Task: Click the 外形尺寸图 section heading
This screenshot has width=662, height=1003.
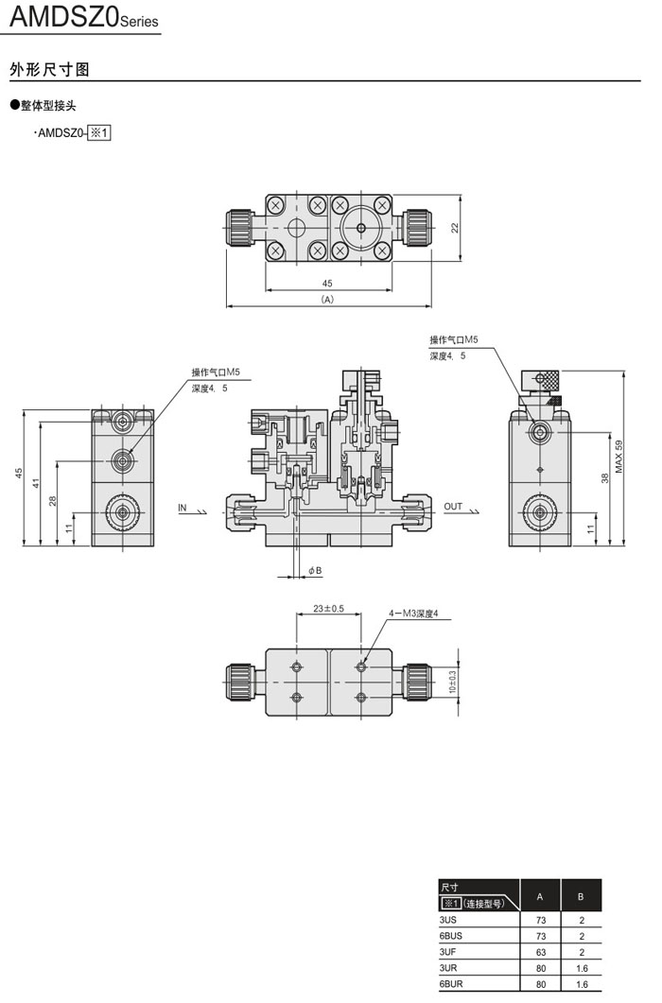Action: click(x=49, y=70)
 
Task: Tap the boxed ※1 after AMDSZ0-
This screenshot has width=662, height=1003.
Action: click(x=99, y=133)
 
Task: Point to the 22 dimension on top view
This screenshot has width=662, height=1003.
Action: click(x=454, y=227)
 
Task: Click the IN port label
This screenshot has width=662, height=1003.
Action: click(x=183, y=508)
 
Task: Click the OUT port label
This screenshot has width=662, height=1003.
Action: click(x=453, y=508)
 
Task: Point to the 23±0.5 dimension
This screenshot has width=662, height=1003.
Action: click(x=328, y=609)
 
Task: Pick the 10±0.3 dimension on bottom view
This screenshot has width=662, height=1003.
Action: click(x=451, y=682)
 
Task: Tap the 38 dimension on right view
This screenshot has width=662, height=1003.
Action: click(x=604, y=478)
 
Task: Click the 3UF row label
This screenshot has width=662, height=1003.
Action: click(x=448, y=952)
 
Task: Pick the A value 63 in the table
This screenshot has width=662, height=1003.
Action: click(x=541, y=952)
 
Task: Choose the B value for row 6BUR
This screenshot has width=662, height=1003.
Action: click(x=582, y=984)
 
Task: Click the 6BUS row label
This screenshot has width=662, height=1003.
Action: click(x=451, y=935)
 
